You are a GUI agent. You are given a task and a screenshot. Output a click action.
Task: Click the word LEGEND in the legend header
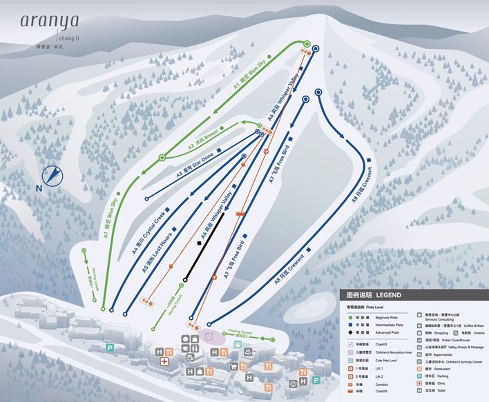click(388, 295)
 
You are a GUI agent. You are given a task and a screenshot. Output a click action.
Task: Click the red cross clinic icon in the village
click(164, 361)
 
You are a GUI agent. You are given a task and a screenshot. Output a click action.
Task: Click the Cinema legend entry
click(474, 332)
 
